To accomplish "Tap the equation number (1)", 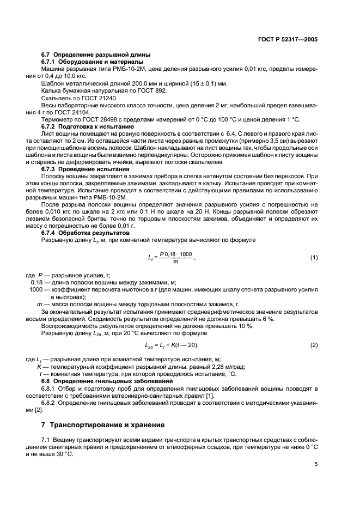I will click(x=314, y=257).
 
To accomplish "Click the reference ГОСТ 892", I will click(x=155, y=91).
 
